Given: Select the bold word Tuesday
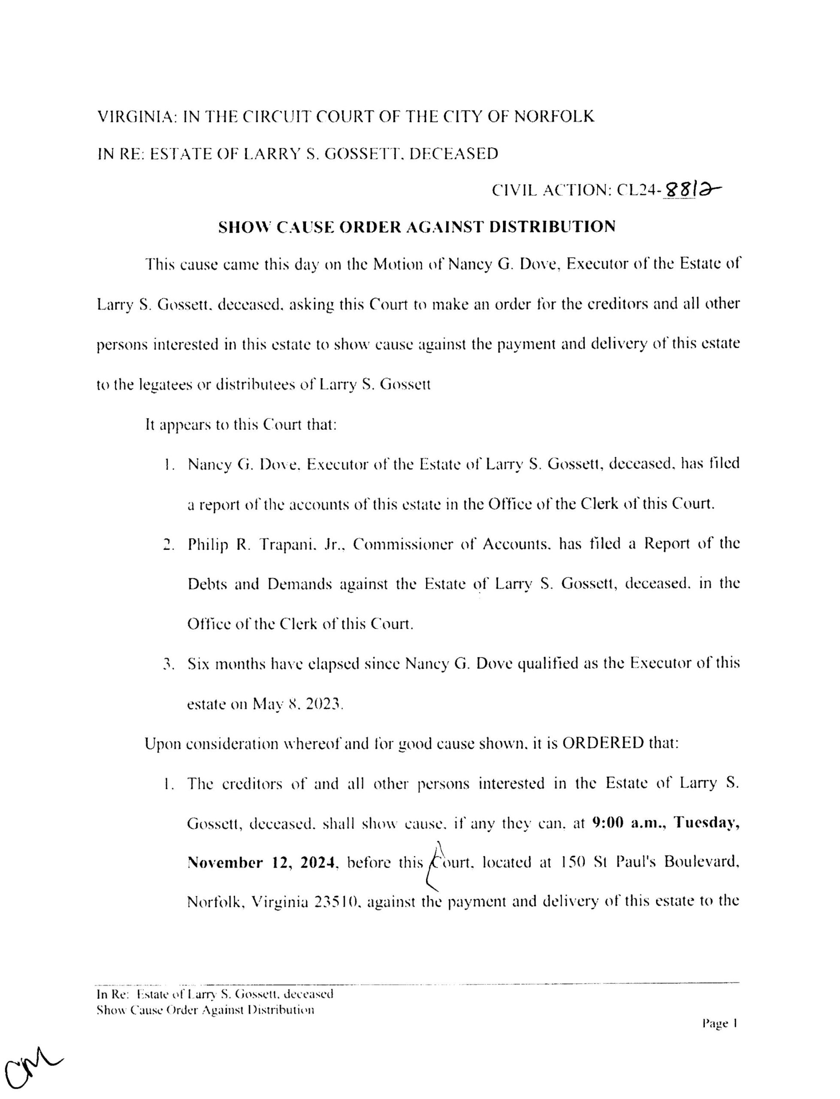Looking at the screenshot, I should coord(707,823).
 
